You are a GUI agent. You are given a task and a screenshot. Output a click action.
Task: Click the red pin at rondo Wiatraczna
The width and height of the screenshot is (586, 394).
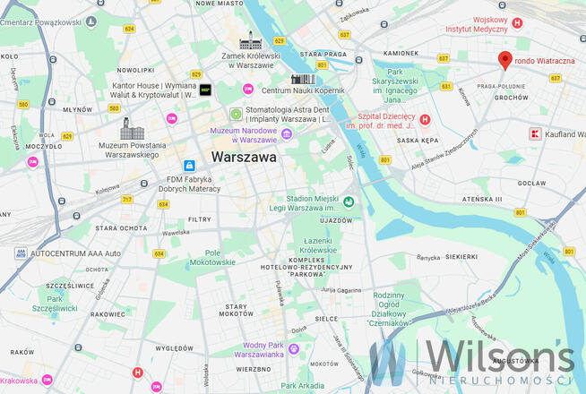pos(504,60)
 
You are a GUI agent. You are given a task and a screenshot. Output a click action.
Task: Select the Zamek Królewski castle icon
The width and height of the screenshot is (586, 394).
pos(249,41)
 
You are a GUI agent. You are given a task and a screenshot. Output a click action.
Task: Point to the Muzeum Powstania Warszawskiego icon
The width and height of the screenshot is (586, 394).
pos(126,127)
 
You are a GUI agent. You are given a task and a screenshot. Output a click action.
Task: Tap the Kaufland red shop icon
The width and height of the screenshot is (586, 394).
pos(536,134)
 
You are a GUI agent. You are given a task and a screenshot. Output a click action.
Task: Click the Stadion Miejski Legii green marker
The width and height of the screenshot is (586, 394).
pos(348,202)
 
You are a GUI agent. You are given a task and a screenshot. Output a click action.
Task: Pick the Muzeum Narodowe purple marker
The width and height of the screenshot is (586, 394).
pos(287,134)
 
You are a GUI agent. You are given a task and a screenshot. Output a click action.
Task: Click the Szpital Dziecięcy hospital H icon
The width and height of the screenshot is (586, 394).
pos(426,119)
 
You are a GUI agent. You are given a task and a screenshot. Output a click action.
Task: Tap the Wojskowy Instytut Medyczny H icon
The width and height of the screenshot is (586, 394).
pos(516,23)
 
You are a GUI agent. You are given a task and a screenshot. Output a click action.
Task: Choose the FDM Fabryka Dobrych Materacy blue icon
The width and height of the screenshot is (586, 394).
pos(189,166)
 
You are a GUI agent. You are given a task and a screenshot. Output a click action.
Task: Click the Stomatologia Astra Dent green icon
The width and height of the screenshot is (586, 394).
pos(236,114)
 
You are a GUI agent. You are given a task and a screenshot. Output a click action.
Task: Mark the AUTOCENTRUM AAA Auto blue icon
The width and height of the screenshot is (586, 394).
pos(20,253)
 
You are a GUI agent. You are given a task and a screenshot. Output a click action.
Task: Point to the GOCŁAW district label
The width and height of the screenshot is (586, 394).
pos(532,182)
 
